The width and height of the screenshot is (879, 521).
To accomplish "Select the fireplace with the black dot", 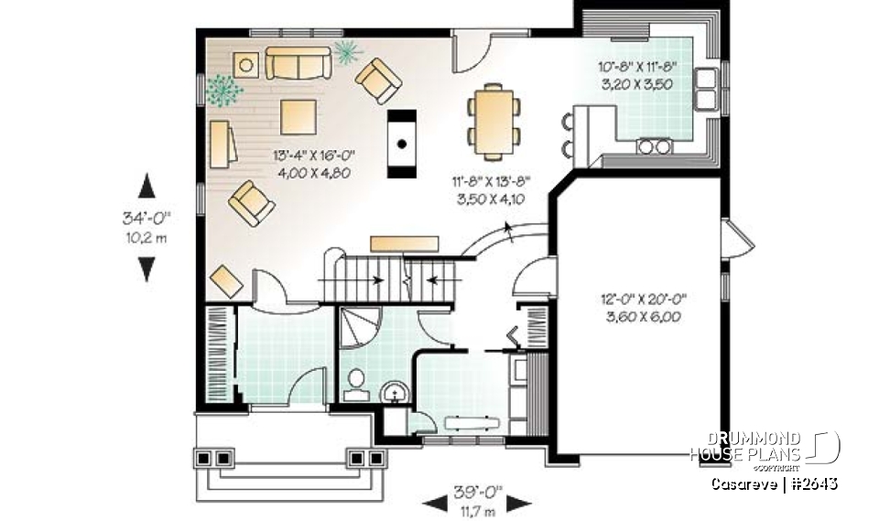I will [402, 142].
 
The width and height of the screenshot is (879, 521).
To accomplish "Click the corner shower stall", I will [358, 329].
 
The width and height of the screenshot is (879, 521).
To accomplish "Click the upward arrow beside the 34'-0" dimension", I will [146, 187].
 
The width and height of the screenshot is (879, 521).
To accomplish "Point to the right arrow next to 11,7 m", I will [519, 502].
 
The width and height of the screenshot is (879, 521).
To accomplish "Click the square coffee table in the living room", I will [298, 117].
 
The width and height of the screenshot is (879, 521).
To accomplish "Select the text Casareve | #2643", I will [774, 483].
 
